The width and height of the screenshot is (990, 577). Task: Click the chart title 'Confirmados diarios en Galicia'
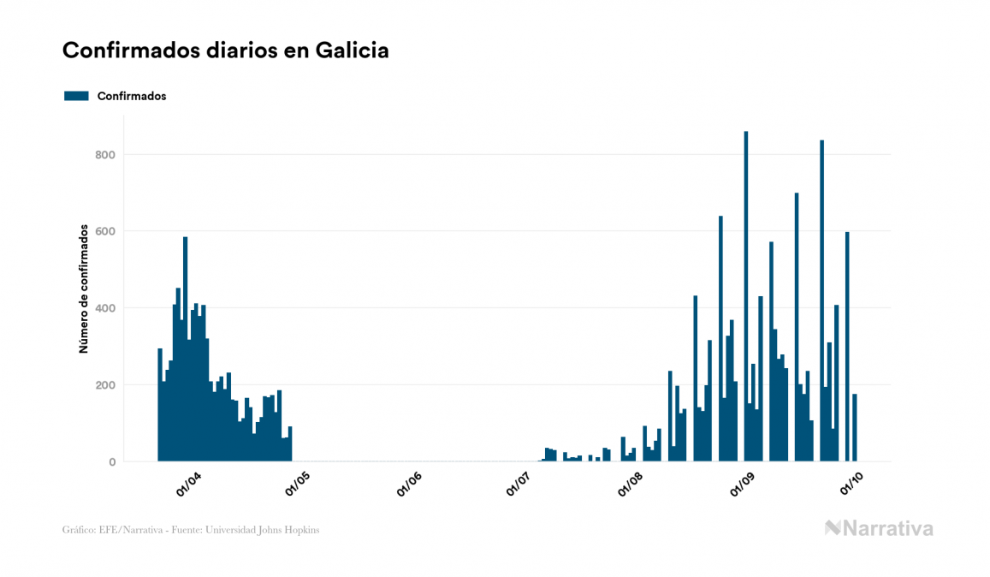tap(226, 51)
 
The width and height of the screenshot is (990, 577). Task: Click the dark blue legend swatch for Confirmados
tap(76, 96)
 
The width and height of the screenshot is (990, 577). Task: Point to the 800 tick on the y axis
tap(105, 155)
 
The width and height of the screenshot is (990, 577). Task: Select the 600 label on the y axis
tap(105, 231)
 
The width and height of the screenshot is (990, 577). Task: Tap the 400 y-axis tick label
tap(105, 308)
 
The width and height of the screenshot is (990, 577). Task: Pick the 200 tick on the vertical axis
tap(105, 385)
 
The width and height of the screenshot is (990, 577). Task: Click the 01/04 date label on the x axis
tap(188, 485)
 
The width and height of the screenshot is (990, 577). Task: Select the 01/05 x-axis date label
tap(299, 485)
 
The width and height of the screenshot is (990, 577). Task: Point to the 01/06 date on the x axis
tap(409, 485)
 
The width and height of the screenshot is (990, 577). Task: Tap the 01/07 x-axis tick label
tap(519, 485)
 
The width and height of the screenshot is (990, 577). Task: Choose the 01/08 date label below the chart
tap(631, 485)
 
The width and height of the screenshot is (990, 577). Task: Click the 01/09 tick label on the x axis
tap(741, 485)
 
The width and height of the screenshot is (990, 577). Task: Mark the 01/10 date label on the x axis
tap(851, 485)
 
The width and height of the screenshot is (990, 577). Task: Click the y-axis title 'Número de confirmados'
tap(84, 288)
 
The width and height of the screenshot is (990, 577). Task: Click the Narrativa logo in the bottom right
tap(879, 528)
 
